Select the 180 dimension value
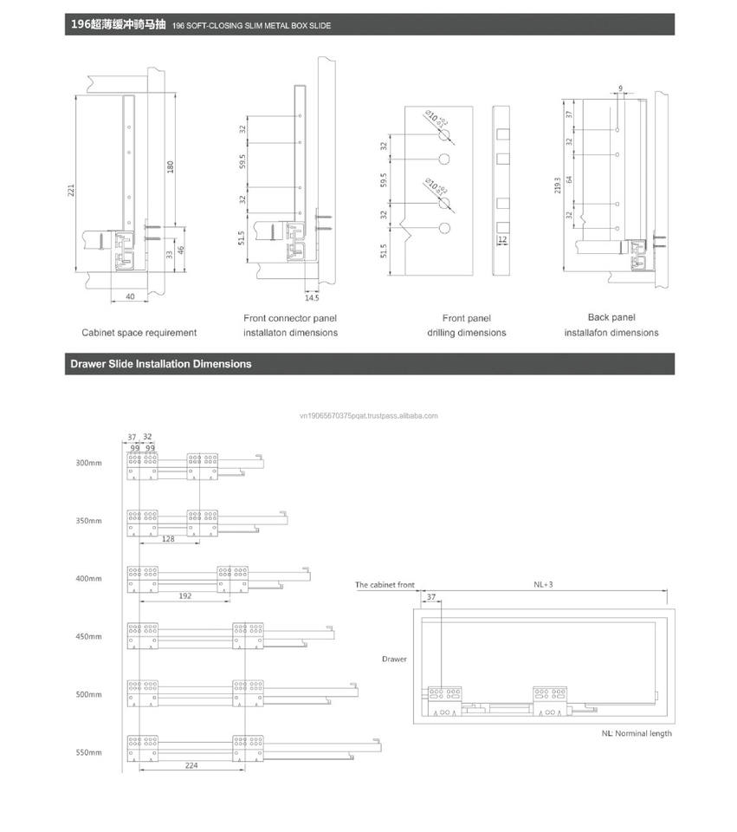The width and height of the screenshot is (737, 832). [171, 166]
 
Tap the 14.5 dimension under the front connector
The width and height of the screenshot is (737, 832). [313, 297]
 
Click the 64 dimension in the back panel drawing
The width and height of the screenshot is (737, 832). [569, 179]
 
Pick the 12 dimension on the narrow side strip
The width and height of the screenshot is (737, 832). [502, 238]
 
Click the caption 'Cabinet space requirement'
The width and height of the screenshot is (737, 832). [139, 333]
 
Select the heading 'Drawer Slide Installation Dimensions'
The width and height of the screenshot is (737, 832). [161, 364]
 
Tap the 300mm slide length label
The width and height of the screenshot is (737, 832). [88, 463]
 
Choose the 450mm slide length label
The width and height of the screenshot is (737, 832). [88, 637]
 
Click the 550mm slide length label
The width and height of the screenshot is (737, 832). [88, 752]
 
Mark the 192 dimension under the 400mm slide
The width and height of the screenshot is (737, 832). [184, 596]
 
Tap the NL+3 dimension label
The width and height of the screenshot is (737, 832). [543, 585]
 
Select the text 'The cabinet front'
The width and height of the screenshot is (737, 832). [385, 585]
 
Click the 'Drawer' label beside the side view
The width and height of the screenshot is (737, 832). [394, 659]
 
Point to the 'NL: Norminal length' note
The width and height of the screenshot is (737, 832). [637, 733]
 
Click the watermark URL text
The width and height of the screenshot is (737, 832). [368, 416]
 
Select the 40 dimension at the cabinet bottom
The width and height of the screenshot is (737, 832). [129, 296]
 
